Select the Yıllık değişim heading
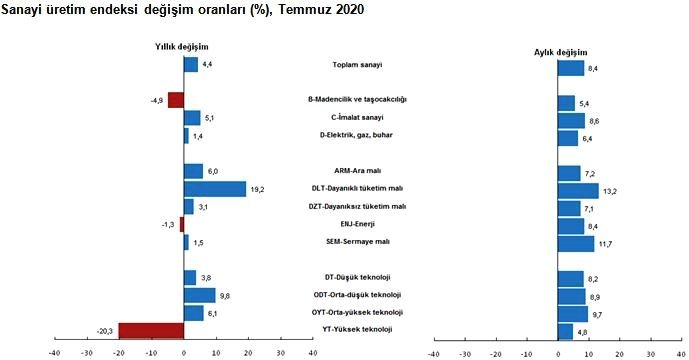pos(181,46)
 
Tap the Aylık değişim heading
pos(560,51)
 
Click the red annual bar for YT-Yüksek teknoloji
pos(152,330)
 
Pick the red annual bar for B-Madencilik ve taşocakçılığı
pos(176,100)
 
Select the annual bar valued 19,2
pos(215,189)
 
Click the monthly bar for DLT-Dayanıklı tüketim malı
pos(577,190)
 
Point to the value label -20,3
pos(103,330)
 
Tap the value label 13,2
pos(609,190)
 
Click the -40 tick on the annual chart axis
pos(54,352)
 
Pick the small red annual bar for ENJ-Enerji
pos(182,224)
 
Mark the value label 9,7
pos(598,314)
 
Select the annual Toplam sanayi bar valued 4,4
pos(191,65)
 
